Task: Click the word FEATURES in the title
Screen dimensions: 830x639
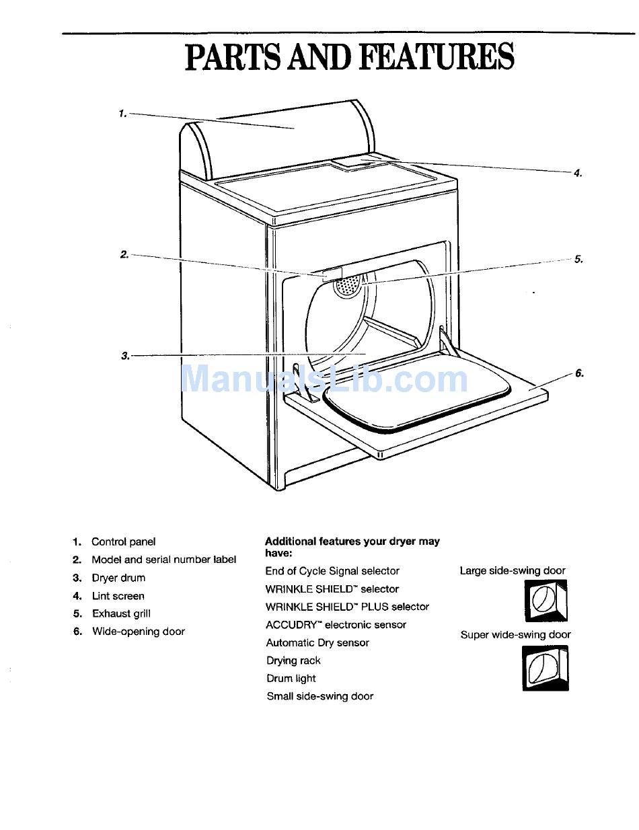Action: point(437,57)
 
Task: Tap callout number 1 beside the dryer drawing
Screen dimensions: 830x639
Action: point(122,114)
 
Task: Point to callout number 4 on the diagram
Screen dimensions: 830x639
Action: point(577,173)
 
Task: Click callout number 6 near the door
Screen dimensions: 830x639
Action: point(579,373)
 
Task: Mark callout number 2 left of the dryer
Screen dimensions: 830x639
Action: point(124,254)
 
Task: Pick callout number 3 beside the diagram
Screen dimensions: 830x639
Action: point(125,356)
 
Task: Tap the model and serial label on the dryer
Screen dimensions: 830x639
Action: point(332,273)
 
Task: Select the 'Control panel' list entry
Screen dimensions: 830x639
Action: point(123,541)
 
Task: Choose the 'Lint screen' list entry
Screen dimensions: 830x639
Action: point(118,596)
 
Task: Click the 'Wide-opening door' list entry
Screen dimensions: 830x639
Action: point(138,632)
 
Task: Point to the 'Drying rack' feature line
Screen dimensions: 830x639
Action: point(293,661)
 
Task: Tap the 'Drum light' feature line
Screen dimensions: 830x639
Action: point(291,679)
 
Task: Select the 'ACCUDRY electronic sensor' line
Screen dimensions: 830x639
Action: point(336,625)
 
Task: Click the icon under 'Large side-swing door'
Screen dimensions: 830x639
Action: point(546,601)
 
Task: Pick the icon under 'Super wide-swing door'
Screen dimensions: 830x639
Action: point(546,668)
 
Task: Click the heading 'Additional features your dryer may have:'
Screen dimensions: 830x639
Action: point(352,546)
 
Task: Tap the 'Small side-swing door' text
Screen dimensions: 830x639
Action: point(319,696)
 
